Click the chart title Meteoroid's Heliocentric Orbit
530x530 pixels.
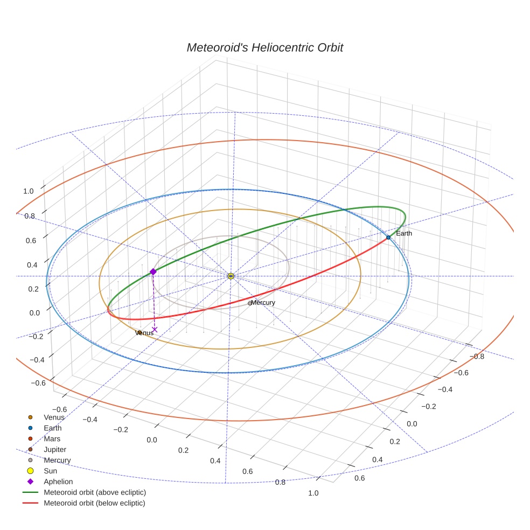tap(264, 47)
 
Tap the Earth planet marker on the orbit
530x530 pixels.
tap(388, 237)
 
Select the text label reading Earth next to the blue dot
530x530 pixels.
tap(403, 233)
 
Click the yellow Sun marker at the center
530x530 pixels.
tap(231, 276)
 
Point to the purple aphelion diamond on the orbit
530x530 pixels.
tap(153, 272)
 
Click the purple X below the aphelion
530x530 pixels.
tap(155, 329)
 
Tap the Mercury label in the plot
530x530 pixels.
tap(263, 303)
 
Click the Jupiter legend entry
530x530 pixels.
tap(55, 449)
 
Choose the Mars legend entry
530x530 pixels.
tap(52, 438)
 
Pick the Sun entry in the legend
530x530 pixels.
tap(50, 471)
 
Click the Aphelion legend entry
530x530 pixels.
tap(58, 482)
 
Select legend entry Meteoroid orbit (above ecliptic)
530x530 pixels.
tap(94, 492)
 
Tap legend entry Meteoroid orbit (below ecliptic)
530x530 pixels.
tap(94, 503)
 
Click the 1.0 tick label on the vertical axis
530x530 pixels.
tap(29, 191)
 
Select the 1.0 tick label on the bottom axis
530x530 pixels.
tap(313, 493)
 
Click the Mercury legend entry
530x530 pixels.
tap(57, 460)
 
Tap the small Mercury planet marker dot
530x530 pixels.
tap(249, 303)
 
